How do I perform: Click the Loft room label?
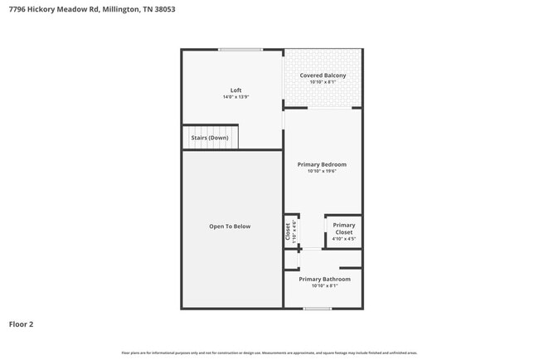(236, 90)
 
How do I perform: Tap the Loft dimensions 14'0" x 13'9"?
(236, 97)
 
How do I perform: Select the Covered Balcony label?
(323, 75)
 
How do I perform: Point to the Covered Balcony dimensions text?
(323, 82)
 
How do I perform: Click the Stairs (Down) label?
(209, 138)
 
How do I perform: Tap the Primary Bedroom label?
(322, 164)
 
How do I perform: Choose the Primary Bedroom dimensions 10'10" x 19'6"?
(322, 171)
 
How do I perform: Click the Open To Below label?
(230, 226)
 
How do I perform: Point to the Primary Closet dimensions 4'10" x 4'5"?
(343, 239)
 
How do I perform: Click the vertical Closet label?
(288, 231)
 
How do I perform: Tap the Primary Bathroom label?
(324, 279)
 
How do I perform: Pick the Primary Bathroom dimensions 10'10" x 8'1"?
(324, 285)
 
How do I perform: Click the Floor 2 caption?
(21, 324)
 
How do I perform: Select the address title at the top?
(91, 10)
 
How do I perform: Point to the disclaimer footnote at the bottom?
(269, 353)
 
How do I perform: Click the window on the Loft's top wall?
(240, 50)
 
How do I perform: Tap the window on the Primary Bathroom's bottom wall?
(317, 309)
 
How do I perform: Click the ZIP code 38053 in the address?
(164, 10)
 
